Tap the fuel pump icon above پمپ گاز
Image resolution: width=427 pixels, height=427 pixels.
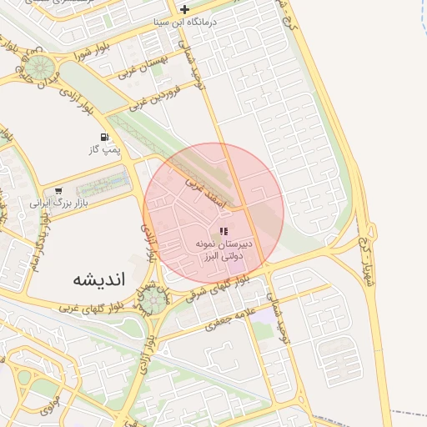(x=104, y=137)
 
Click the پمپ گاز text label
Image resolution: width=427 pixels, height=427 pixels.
(x=105, y=150)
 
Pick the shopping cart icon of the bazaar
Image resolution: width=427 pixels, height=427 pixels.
(x=58, y=190)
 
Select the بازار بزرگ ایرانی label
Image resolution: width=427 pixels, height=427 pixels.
(x=59, y=202)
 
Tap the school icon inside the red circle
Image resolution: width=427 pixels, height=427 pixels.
(x=224, y=231)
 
